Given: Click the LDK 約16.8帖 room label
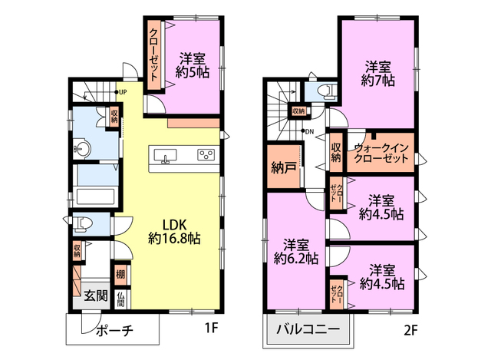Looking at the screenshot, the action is coord(174,232).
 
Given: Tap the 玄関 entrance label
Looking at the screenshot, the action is coord(96,296).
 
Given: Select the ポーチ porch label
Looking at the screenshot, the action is coord(115,330).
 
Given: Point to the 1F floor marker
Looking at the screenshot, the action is coord(211,328).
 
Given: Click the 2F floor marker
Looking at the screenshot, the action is coord(410,330).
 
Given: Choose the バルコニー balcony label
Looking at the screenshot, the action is coord(308,329).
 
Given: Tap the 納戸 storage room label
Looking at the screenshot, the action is coord(284,168).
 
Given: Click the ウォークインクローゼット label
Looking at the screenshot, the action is coord(381,153).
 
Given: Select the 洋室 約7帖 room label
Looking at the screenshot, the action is coord(378,74).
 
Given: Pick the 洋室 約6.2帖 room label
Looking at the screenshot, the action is coord(296,252).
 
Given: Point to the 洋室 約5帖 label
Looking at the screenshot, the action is coord(193,65).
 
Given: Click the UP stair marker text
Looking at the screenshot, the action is coord(123,92).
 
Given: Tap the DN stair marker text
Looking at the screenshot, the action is coord(309,132).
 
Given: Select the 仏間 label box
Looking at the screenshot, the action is coord(121,299).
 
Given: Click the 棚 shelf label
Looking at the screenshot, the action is coord(120,275).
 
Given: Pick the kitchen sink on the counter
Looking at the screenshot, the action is coord(165,156).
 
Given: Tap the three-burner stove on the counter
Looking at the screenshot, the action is coord(206,154).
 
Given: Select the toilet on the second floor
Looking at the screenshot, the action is coord(327,91).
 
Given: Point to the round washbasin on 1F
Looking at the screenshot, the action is coord(82,147).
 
